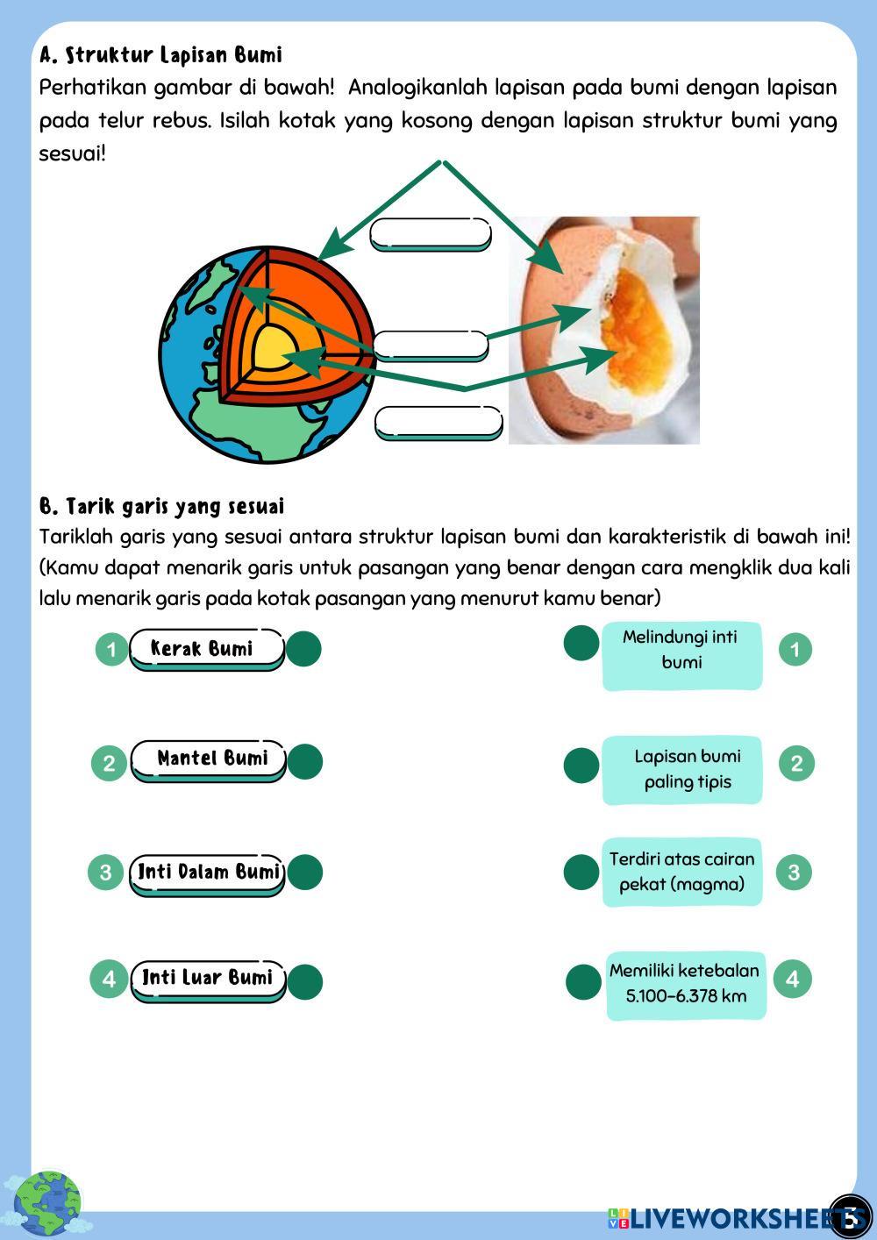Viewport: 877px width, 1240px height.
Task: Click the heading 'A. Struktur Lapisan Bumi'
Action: pos(160,55)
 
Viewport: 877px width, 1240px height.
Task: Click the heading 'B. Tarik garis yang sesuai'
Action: pos(162,507)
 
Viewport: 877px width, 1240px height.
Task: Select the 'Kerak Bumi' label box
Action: pos(207,649)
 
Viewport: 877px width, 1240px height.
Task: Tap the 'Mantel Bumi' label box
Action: pos(209,759)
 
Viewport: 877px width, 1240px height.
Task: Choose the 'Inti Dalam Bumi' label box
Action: pos(208,873)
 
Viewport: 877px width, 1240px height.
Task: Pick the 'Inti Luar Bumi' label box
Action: pos(208,979)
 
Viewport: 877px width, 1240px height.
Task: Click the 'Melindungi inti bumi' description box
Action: pos(681,653)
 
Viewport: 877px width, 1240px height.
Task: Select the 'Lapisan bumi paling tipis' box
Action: pos(682,769)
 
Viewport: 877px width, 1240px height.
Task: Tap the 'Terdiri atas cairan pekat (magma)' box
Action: pos(682,872)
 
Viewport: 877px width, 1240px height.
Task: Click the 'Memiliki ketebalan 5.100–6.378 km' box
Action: pos(686,984)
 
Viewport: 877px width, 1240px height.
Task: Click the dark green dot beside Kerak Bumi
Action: pos(303,649)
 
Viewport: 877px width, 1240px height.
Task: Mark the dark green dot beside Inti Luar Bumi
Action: pos(304,982)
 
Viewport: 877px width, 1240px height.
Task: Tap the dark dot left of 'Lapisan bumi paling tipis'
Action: pos(581,765)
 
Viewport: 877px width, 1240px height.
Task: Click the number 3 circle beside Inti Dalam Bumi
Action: pos(105,873)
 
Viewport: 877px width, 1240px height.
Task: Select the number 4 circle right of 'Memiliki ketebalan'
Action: pos(793,979)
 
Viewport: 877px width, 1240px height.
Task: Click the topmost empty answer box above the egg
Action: pos(431,234)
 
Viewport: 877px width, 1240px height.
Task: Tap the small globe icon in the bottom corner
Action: pos(46,1202)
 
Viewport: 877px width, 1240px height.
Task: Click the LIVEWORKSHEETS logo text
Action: pos(732,1217)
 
